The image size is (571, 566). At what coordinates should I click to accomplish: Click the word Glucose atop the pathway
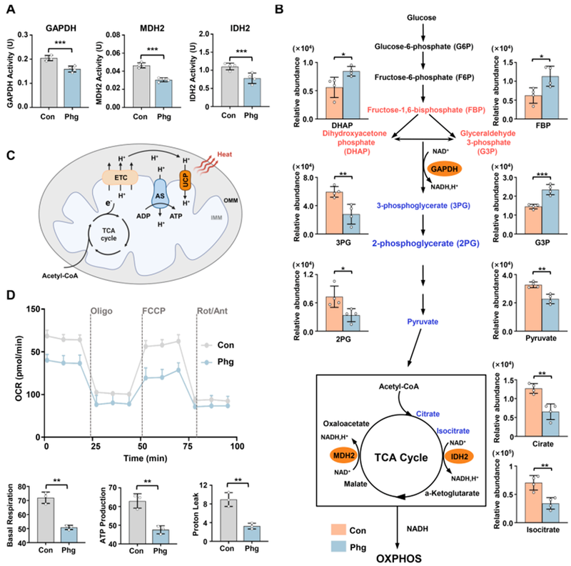pyautogui.click(x=422, y=16)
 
